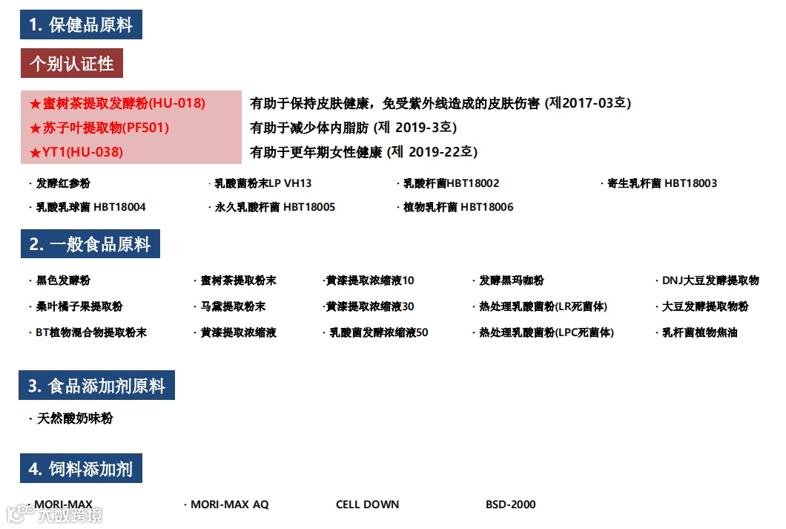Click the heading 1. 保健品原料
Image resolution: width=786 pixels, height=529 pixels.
(x=81, y=24)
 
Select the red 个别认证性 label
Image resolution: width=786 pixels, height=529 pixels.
(x=71, y=64)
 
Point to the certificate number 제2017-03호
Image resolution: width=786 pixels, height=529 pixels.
(x=588, y=103)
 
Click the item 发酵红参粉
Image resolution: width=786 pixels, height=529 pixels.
(x=63, y=183)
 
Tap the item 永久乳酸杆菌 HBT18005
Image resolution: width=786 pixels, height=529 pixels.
(x=275, y=207)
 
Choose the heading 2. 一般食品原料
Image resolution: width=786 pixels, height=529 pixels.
(x=90, y=244)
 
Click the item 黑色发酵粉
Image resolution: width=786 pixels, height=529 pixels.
(x=63, y=280)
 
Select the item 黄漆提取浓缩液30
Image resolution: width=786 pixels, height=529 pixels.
(x=370, y=306)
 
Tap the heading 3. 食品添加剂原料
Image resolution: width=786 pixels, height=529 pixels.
(x=96, y=386)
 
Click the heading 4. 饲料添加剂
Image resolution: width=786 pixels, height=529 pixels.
(x=81, y=469)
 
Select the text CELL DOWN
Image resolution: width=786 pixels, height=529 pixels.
(x=367, y=505)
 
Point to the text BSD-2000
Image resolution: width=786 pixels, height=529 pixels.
(x=510, y=505)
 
